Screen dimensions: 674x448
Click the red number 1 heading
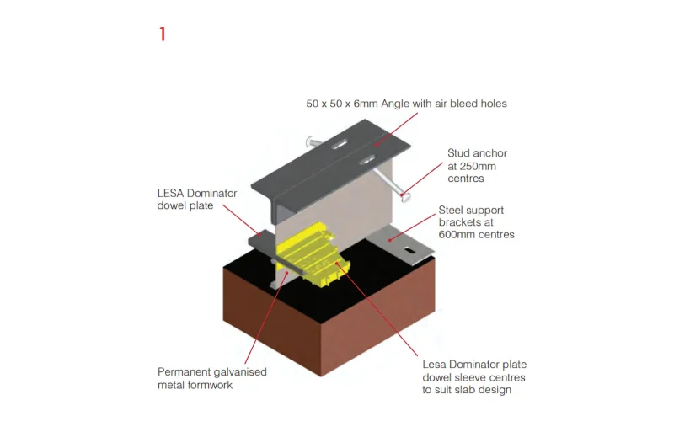[x=163, y=35]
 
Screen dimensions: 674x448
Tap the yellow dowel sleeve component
[x=311, y=253]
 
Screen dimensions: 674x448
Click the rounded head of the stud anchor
[x=405, y=197]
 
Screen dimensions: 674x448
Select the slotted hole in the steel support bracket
[x=409, y=250]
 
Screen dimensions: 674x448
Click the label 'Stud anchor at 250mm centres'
[x=477, y=166]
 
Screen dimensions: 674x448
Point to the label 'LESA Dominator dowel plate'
[x=197, y=200]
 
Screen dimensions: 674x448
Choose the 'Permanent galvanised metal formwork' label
[x=212, y=378]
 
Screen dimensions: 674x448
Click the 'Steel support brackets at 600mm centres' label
[x=476, y=222]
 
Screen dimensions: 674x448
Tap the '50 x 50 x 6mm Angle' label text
[x=357, y=104]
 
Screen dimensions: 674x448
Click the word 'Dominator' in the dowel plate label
[x=211, y=194]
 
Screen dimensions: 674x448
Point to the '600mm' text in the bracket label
[x=455, y=234]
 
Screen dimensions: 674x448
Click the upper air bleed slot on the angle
[x=340, y=145]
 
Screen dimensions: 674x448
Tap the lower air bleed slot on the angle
[x=366, y=160]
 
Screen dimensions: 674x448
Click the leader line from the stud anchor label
[x=423, y=179]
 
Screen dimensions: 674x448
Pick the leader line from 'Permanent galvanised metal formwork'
[x=266, y=317]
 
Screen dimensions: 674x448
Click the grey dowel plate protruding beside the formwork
[x=261, y=241]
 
